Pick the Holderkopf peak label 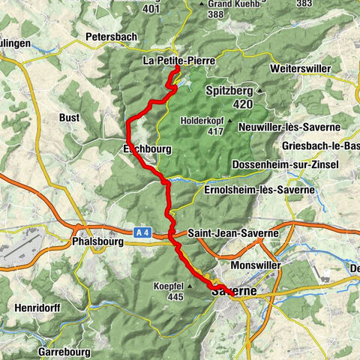click(203, 120)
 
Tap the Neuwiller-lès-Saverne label click(288, 127)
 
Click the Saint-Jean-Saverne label click(233, 233)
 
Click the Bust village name click(70, 118)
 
